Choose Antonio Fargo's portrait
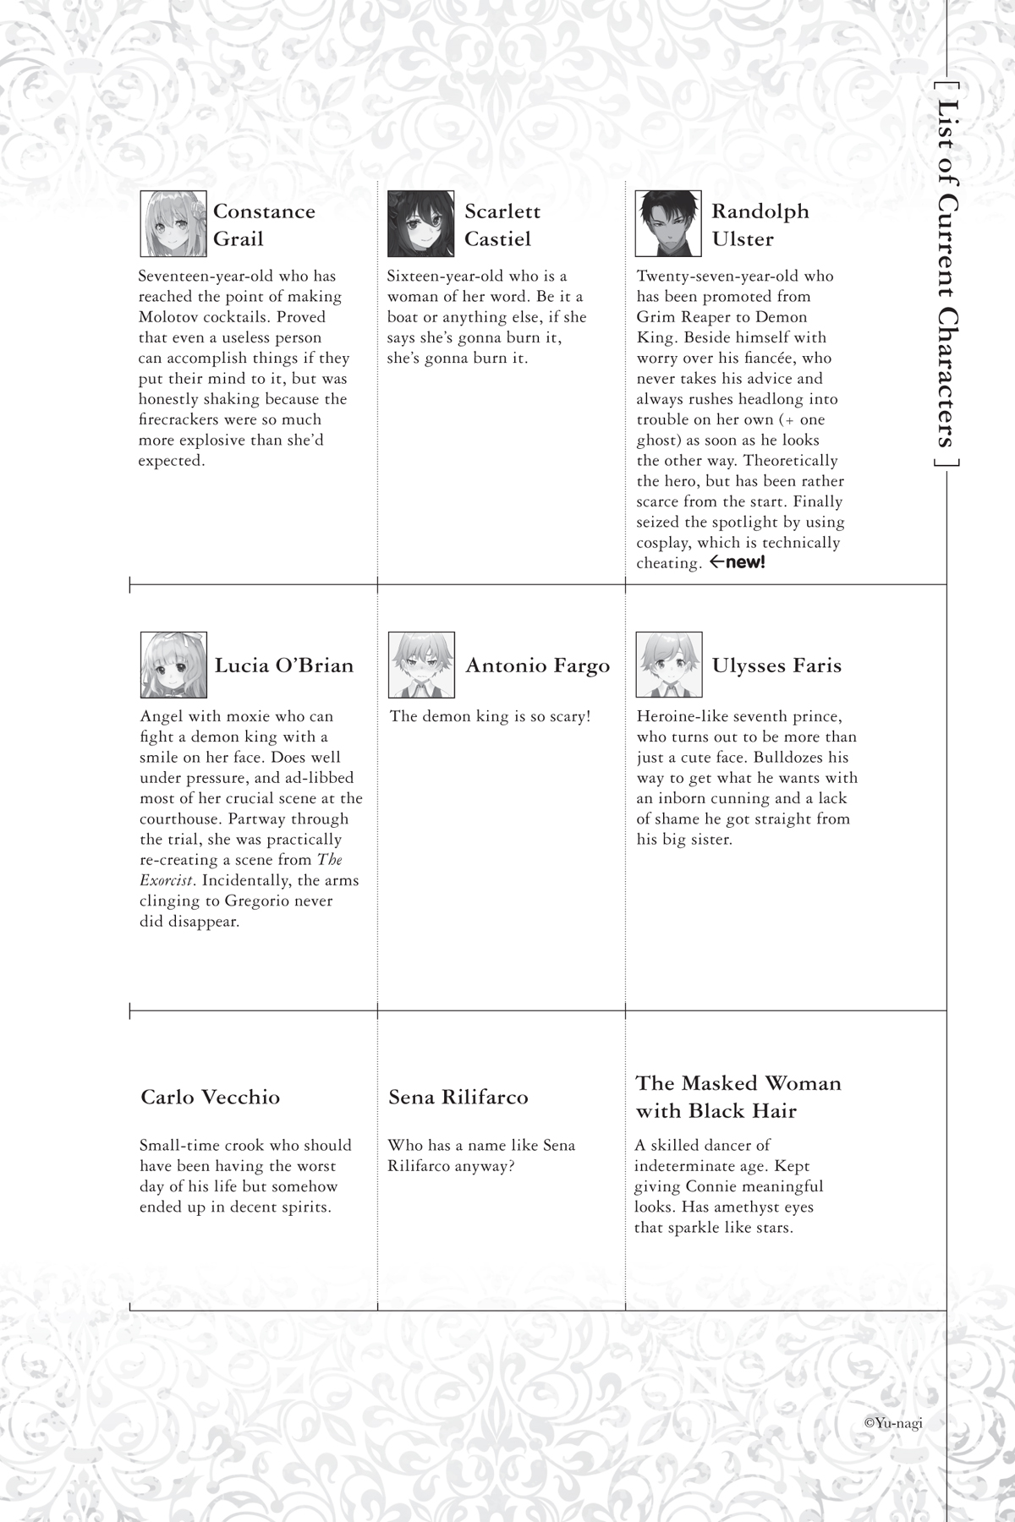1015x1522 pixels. click(x=420, y=665)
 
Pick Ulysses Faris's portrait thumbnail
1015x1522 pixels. click(x=668, y=665)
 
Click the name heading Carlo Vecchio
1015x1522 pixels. click(x=210, y=1098)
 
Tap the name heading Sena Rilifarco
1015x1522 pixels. click(x=458, y=1098)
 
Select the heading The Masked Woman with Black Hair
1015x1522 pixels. click(x=738, y=1097)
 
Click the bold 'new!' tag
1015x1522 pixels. click(x=744, y=562)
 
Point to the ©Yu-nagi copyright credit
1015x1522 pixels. click(x=893, y=1423)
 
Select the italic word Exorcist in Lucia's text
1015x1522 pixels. click(x=163, y=880)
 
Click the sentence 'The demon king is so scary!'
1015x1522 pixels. click(x=490, y=717)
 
